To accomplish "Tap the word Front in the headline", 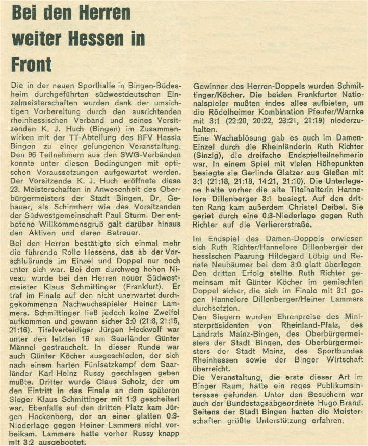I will click(32, 64).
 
